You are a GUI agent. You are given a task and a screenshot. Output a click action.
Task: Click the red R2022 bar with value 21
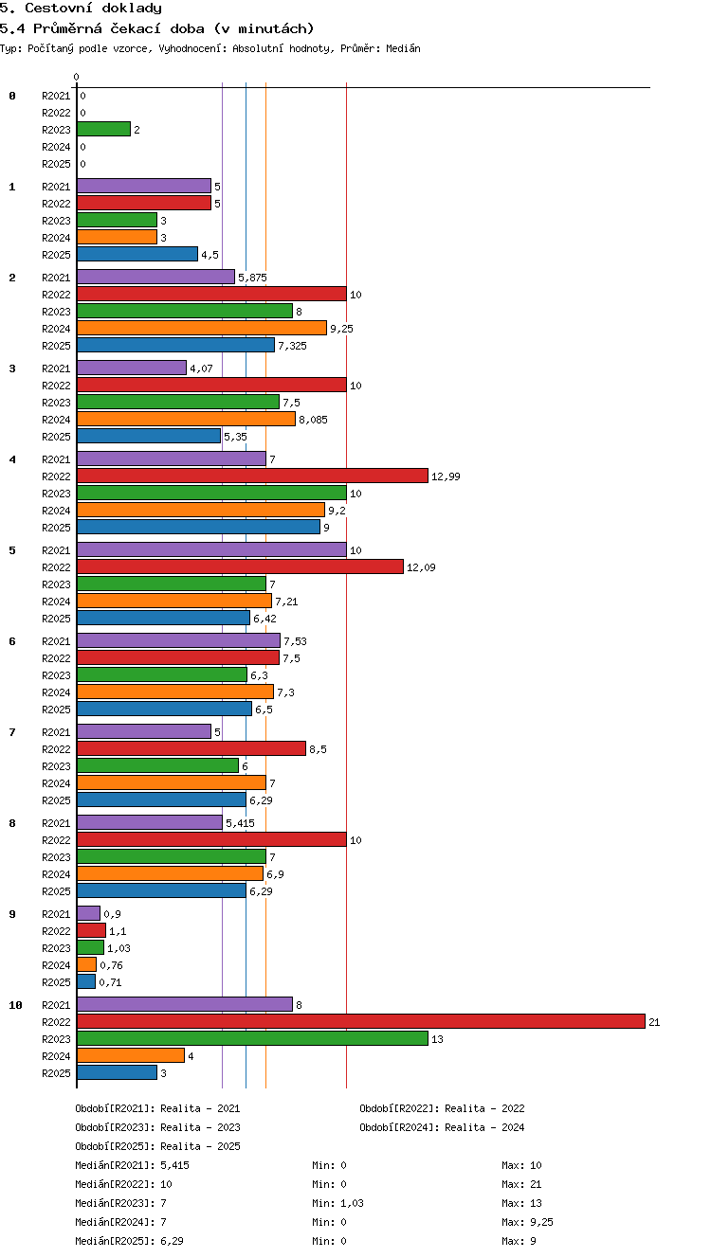click(361, 1021)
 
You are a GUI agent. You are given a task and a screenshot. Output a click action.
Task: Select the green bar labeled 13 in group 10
click(252, 1038)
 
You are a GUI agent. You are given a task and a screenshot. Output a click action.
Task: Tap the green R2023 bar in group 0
click(103, 129)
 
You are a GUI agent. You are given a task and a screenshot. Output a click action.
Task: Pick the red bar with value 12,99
click(252, 476)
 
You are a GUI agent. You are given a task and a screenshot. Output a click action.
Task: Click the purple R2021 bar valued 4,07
click(132, 368)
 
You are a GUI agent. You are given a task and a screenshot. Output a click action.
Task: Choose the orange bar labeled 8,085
click(186, 419)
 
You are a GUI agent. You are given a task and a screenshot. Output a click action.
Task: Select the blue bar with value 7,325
click(176, 345)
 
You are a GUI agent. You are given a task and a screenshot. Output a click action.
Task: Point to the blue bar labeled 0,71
click(86, 981)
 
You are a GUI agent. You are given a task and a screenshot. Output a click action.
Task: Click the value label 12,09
click(421, 567)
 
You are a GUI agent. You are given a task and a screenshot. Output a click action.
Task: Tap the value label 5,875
click(252, 278)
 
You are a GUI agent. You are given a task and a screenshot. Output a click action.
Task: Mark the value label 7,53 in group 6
click(295, 641)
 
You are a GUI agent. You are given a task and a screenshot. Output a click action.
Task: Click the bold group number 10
click(16, 1005)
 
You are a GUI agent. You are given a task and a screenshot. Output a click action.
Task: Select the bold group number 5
click(12, 550)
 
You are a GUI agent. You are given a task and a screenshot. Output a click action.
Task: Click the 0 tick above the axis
click(77, 77)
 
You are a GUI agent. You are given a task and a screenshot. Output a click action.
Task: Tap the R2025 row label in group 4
click(56, 528)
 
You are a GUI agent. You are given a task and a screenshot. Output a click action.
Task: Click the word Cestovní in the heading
click(59, 8)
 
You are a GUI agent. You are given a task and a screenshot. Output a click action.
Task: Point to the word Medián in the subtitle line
click(403, 48)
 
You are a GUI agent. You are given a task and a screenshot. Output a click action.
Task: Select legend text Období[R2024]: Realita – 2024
click(442, 1127)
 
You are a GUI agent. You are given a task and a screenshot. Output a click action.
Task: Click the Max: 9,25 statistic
click(527, 1221)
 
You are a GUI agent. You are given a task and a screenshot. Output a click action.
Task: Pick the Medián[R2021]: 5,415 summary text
click(132, 1165)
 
